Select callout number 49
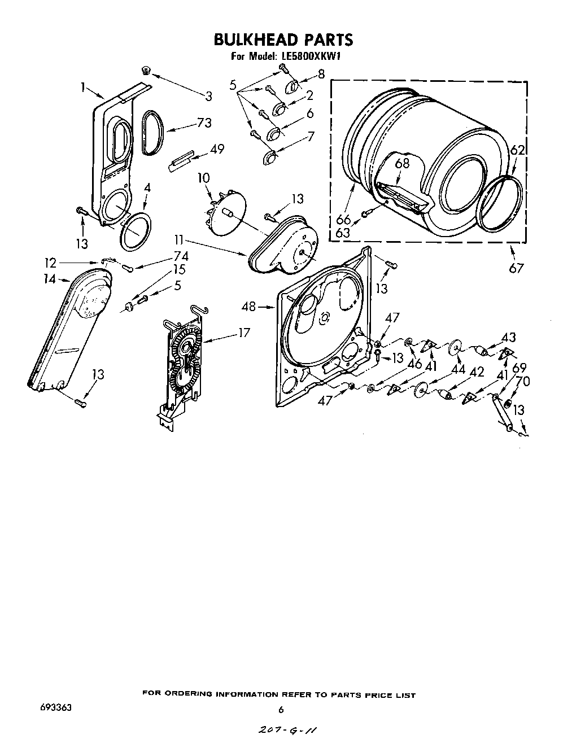216,150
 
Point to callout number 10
203,178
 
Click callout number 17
243,333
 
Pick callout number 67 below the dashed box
516,268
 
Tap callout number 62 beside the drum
517,150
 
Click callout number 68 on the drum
401,164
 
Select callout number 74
181,256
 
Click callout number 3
209,96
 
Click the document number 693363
55,707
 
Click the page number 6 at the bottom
281,710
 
